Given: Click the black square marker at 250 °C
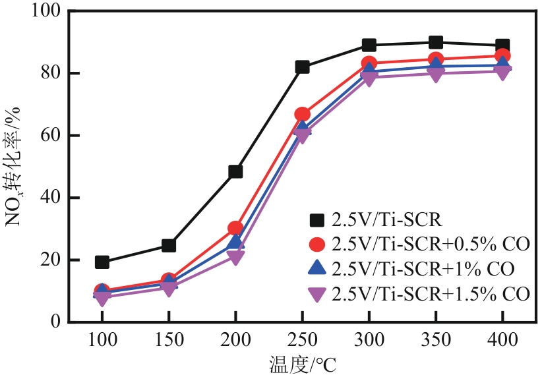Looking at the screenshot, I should tap(302, 67).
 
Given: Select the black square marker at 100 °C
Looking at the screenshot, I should tap(102, 262).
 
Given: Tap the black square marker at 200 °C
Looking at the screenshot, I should tap(235, 171).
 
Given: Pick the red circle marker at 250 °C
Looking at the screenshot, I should tap(302, 114).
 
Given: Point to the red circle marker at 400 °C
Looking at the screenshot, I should tap(502, 56).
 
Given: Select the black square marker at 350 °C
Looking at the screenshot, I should tap(436, 43).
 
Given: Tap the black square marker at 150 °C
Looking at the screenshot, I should tap(169, 245).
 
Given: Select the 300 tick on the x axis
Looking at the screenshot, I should tap(369, 341).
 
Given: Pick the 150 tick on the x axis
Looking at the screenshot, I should tap(169, 341).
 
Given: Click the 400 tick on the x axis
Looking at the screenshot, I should tap(502, 341).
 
